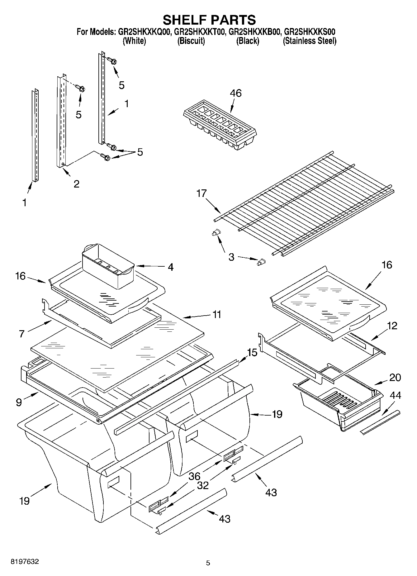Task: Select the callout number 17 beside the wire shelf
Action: (201, 193)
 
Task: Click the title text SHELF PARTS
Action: (209, 20)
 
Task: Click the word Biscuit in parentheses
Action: (191, 41)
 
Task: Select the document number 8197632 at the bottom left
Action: (25, 562)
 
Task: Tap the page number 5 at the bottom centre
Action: (208, 563)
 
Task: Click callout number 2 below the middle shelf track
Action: (76, 184)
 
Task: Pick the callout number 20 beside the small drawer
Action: (395, 377)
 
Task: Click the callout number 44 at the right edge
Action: (396, 396)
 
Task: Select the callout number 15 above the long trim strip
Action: (252, 353)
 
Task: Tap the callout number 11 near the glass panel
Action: (217, 314)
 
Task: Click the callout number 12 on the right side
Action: (392, 326)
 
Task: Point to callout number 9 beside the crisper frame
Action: (19, 402)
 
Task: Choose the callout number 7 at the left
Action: (21, 334)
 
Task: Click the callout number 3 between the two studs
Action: (231, 257)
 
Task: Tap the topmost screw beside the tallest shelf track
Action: (112, 60)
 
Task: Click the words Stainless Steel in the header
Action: (309, 41)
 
